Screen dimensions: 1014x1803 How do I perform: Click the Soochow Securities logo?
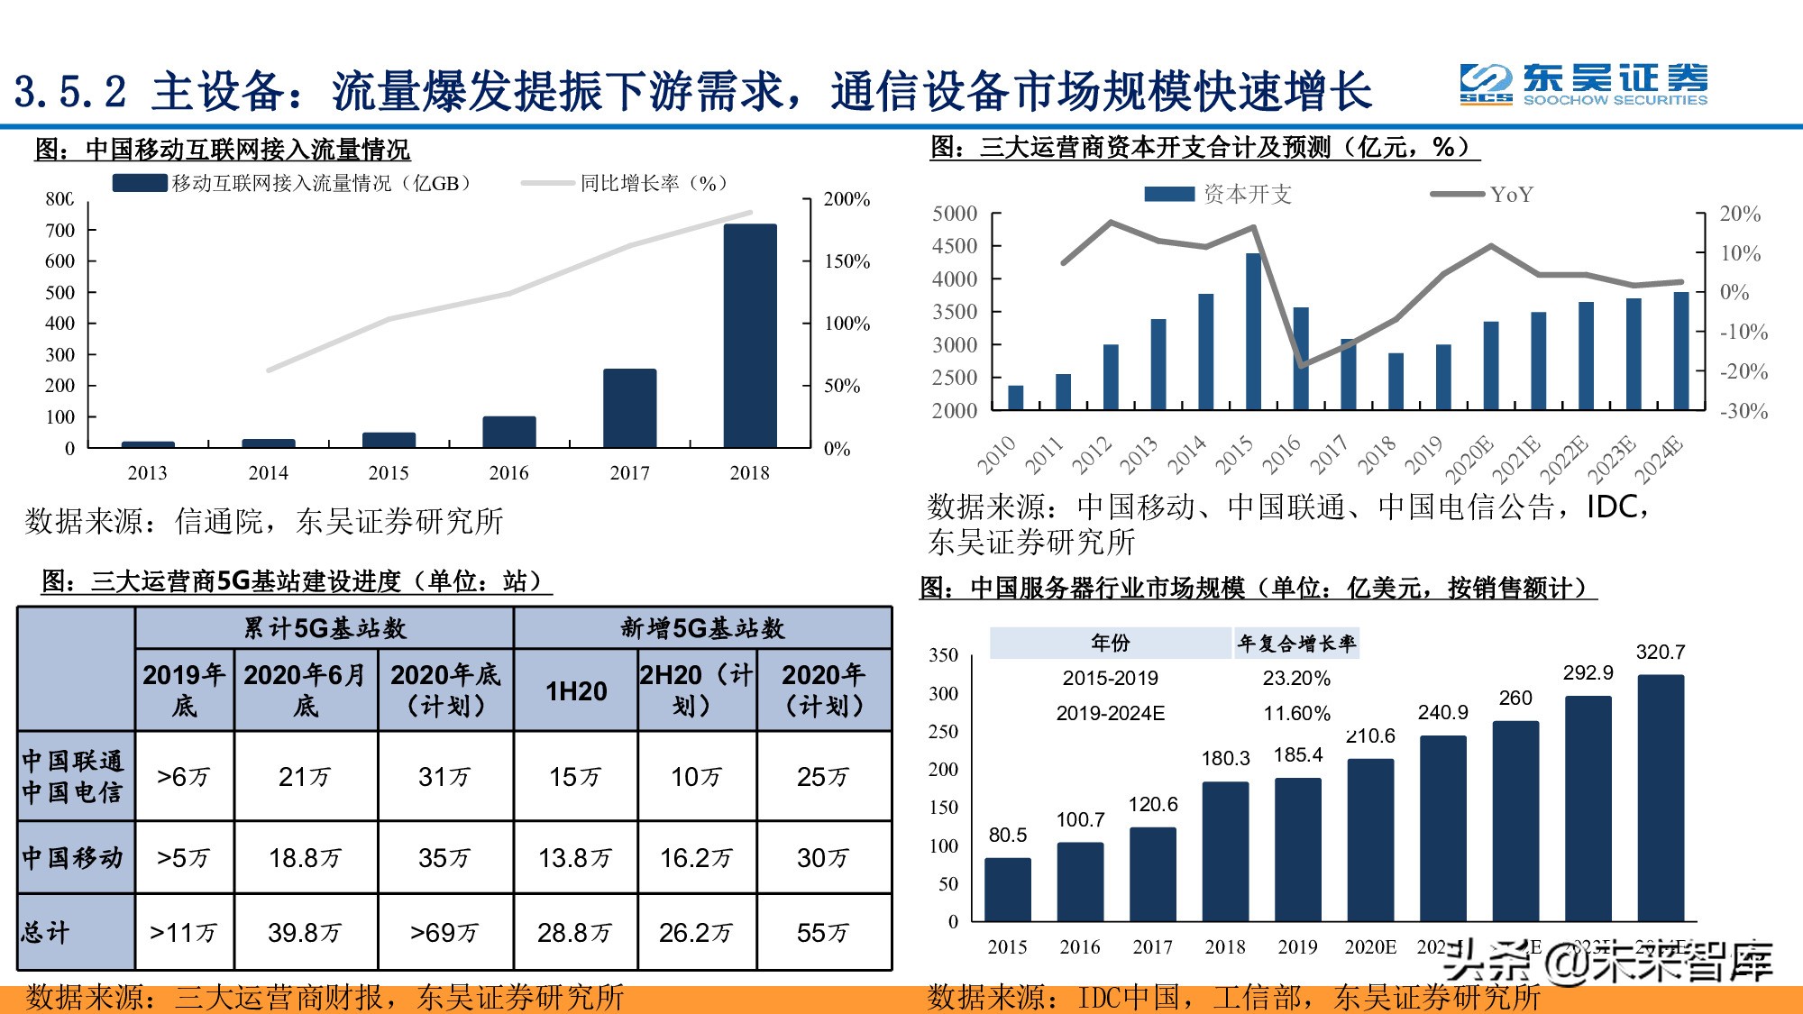(x=1583, y=85)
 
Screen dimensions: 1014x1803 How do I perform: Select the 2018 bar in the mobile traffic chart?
(x=750, y=335)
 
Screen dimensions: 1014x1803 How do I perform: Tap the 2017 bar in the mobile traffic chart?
(x=629, y=407)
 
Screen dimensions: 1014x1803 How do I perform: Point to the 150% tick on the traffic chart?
(x=847, y=261)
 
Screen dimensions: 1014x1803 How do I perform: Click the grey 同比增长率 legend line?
(x=547, y=183)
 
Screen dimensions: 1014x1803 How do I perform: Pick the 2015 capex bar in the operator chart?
(x=1253, y=332)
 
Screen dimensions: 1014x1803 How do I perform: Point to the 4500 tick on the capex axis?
(x=955, y=246)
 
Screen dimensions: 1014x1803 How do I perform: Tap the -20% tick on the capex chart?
(x=1744, y=371)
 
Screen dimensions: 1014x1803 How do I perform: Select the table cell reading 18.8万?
(x=305, y=857)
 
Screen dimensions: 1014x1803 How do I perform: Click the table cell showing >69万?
(x=444, y=932)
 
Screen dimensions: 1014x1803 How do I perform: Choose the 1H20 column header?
(x=576, y=690)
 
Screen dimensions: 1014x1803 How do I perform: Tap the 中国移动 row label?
(x=73, y=857)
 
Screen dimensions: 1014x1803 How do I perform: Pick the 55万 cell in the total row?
(x=823, y=932)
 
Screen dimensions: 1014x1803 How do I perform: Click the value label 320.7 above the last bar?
(x=1660, y=652)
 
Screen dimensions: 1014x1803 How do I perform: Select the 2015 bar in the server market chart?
(x=1008, y=889)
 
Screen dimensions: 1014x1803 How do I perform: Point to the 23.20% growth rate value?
(x=1296, y=678)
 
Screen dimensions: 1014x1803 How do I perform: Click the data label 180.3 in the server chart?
(x=1225, y=759)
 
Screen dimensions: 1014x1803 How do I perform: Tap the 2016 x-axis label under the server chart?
(x=1080, y=947)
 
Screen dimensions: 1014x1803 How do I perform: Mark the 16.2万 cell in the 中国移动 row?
(x=696, y=857)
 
